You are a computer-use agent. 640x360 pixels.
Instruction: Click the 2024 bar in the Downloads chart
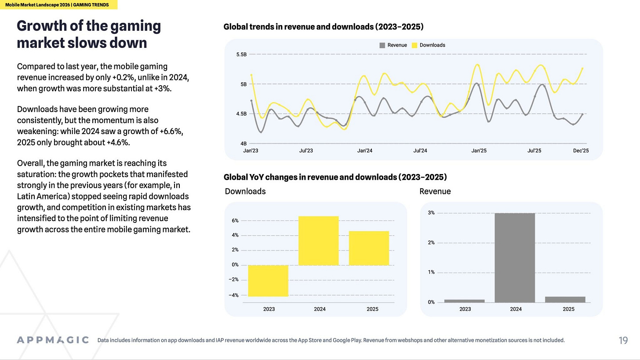(x=319, y=240)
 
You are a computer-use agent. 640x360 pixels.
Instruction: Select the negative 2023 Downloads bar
(x=268, y=280)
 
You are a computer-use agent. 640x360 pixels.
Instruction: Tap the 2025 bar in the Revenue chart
(x=565, y=299)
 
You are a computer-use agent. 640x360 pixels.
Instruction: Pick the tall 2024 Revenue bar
(x=515, y=258)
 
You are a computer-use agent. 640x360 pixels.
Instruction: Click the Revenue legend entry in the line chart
(x=393, y=45)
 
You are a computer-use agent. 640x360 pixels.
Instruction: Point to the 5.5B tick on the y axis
(x=241, y=55)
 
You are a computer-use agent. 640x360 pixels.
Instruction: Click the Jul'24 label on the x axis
(x=420, y=151)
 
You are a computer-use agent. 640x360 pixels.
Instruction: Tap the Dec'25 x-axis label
(x=581, y=151)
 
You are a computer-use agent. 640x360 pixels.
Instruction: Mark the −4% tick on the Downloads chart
(x=234, y=295)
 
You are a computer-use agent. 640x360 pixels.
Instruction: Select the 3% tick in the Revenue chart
(x=431, y=213)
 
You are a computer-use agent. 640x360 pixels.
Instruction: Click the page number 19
(x=623, y=340)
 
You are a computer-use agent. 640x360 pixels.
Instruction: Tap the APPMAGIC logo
(x=53, y=340)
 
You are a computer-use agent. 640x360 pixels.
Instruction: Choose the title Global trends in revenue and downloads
(x=323, y=27)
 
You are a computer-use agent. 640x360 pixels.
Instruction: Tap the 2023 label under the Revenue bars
(x=465, y=309)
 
